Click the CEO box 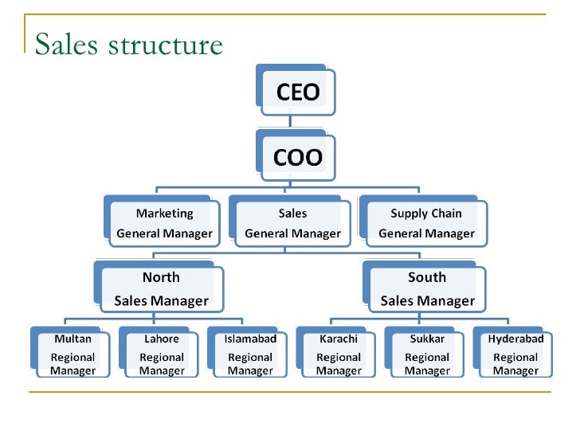pyautogui.click(x=297, y=92)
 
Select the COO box pyautogui.click(x=297, y=157)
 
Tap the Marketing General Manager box pyautogui.click(x=164, y=224)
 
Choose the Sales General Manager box pyautogui.click(x=292, y=224)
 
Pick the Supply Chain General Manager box pyautogui.click(x=426, y=224)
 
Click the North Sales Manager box pyautogui.click(x=161, y=289)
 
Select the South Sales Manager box pyautogui.click(x=427, y=289)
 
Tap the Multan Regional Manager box pyautogui.click(x=72, y=355)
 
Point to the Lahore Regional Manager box pyautogui.click(x=162, y=355)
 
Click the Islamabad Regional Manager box pyautogui.click(x=250, y=355)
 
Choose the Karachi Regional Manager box pyautogui.click(x=339, y=355)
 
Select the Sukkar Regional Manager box pyautogui.click(x=427, y=355)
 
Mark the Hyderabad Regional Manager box pyautogui.click(x=515, y=355)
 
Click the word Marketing pyautogui.click(x=164, y=214)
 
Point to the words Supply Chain pyautogui.click(x=426, y=214)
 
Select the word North pyautogui.click(x=161, y=278)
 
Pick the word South pyautogui.click(x=427, y=278)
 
